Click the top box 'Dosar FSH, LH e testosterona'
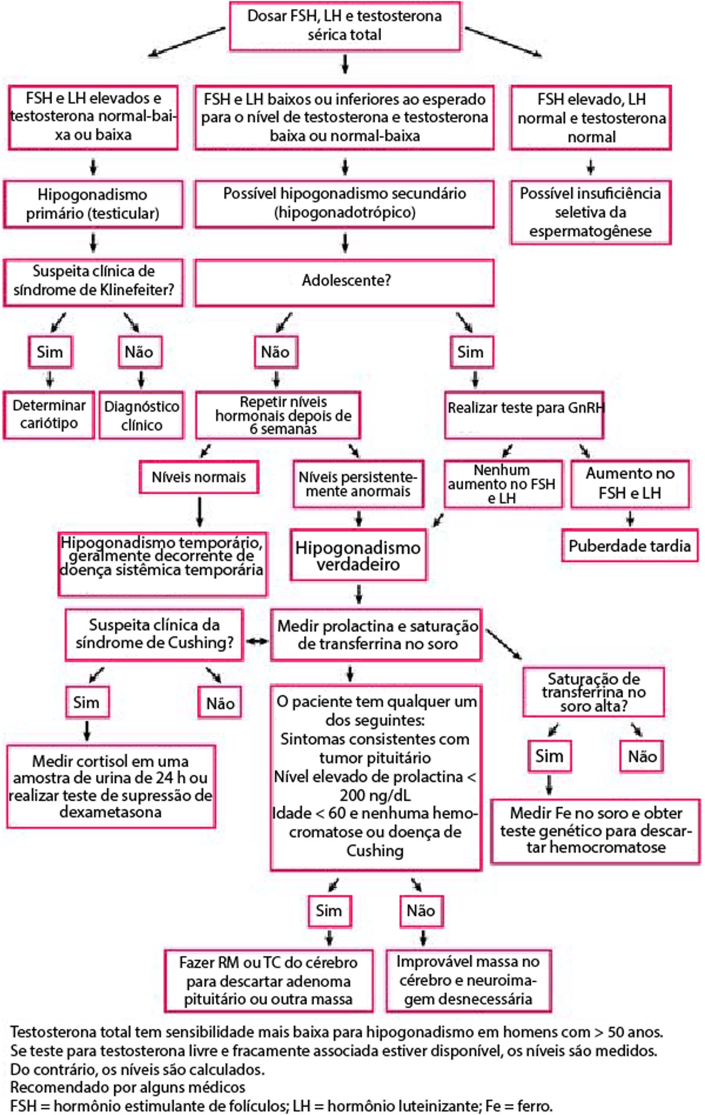[x=345, y=25]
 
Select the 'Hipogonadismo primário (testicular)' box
[x=93, y=204]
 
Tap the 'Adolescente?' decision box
[x=345, y=281]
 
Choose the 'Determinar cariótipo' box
[x=49, y=415]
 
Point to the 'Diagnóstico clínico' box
[x=141, y=415]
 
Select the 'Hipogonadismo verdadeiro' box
[x=358, y=556]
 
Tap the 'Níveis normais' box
[x=199, y=477]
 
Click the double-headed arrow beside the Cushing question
[x=257, y=640]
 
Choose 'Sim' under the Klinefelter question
[x=50, y=352]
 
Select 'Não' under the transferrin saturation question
[x=642, y=756]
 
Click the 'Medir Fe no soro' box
[x=596, y=830]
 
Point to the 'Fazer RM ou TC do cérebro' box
[x=268, y=980]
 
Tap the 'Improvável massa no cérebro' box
[x=468, y=980]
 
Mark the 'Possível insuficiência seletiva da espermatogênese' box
[x=590, y=212]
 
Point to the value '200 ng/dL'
[x=375, y=795]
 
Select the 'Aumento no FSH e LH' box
[x=630, y=483]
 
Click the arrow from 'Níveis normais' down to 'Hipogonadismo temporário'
[x=200, y=512]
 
